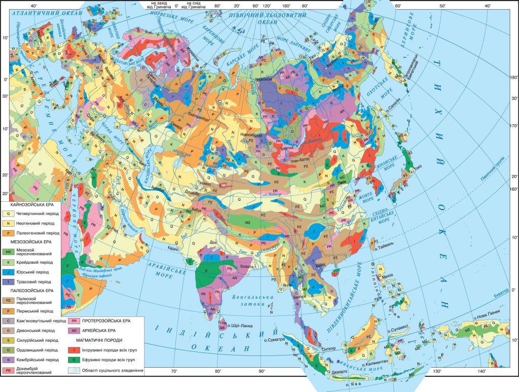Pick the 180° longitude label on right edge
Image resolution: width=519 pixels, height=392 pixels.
click(512, 77)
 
